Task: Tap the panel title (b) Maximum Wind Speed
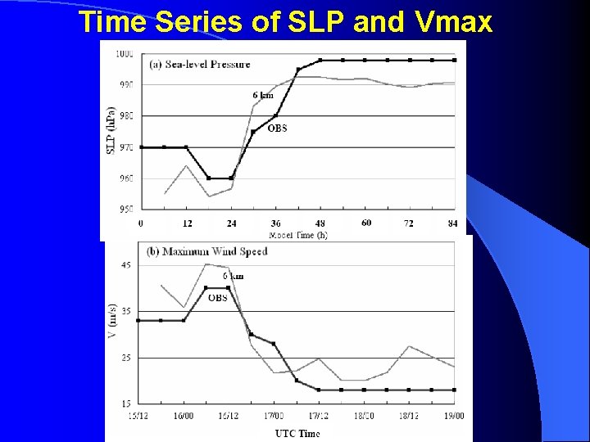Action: pyautogui.click(x=206, y=251)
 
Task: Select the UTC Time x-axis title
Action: pyautogui.click(x=297, y=433)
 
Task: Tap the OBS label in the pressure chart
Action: pyautogui.click(x=277, y=129)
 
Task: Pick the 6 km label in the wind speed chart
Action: pyautogui.click(x=234, y=277)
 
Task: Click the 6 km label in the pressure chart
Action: pyautogui.click(x=263, y=96)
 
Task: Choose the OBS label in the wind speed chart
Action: pyautogui.click(x=218, y=298)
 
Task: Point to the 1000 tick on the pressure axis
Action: pyautogui.click(x=125, y=54)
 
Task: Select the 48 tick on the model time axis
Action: pyautogui.click(x=320, y=223)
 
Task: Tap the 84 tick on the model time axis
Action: pyautogui.click(x=452, y=223)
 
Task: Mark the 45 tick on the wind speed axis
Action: pyautogui.click(x=125, y=265)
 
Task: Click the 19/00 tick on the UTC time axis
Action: pyautogui.click(x=453, y=416)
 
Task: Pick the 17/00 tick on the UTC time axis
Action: pyautogui.click(x=274, y=416)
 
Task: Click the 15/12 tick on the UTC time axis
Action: pyautogui.click(x=138, y=416)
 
